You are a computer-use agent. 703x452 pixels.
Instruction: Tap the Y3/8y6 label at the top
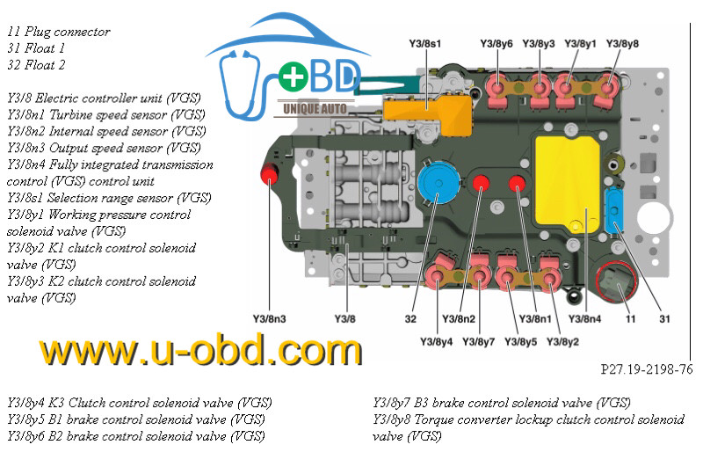point(497,42)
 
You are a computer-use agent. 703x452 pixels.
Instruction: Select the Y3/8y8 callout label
point(623,42)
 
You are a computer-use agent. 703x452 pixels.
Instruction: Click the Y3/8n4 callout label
point(585,317)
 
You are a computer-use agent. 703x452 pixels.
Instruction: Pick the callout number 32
point(411,317)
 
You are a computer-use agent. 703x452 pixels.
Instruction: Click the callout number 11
point(630,317)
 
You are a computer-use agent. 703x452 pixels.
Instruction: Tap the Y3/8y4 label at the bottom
point(437,341)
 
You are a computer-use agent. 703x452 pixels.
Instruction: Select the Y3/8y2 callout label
point(563,341)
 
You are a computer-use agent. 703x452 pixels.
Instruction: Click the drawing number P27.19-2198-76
point(646,369)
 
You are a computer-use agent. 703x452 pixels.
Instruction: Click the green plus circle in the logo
point(290,79)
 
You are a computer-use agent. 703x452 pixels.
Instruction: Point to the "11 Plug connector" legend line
point(59,32)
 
